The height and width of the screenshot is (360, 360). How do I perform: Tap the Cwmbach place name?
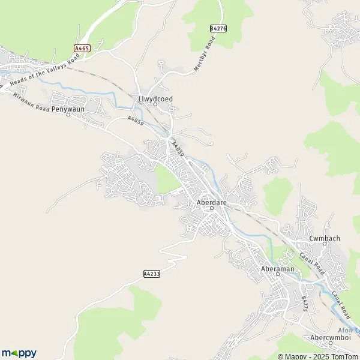click(x=325, y=238)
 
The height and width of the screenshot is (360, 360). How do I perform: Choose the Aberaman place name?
click(x=278, y=269)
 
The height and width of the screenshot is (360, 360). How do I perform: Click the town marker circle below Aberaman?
click(x=278, y=276)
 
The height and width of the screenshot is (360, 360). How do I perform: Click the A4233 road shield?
click(x=152, y=274)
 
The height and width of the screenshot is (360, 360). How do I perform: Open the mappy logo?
click(x=19, y=353)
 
